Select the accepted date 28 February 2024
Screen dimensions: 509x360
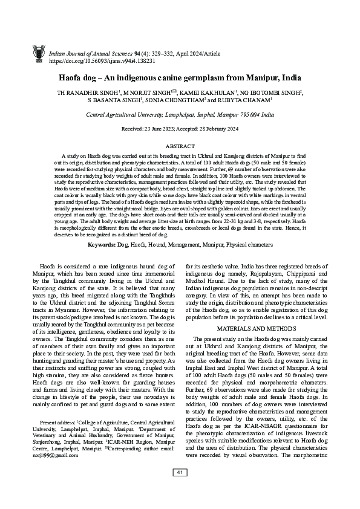click(x=221, y=129)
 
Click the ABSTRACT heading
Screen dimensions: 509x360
click(x=180, y=146)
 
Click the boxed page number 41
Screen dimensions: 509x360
click(x=180, y=488)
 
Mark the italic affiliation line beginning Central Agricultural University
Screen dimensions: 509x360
click(x=180, y=114)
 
